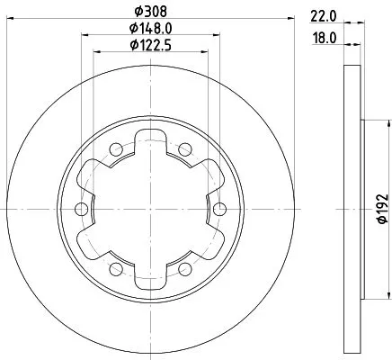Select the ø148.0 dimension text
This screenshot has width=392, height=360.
tap(150, 29)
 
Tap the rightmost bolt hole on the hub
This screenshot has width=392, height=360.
tap(220, 209)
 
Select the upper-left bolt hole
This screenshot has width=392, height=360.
tap(116, 149)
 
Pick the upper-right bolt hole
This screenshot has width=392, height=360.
tap(185, 149)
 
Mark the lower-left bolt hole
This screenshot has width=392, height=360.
tap(116, 269)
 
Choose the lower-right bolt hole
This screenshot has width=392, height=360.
tap(185, 269)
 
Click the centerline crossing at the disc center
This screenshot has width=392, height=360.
tap(150, 209)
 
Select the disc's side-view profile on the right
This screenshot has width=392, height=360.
tap(352, 209)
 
